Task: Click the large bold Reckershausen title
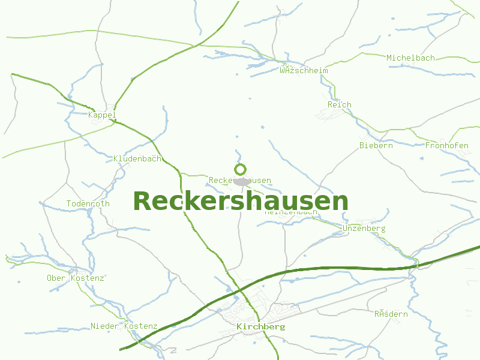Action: tap(240, 201)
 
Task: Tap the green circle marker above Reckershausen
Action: tap(241, 169)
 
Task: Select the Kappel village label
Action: tap(101, 115)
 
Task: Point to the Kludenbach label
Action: tap(137, 159)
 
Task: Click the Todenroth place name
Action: tap(88, 203)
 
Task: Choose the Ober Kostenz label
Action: tap(76, 278)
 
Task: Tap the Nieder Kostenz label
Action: tap(124, 326)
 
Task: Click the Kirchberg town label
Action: tap(261, 327)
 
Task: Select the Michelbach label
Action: tap(410, 58)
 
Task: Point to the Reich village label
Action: tap(340, 104)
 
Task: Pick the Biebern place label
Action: tap(376, 145)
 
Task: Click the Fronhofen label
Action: tap(446, 145)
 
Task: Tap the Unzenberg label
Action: tap(364, 228)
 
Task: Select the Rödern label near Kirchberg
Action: tap(391, 314)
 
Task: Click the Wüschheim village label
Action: tap(304, 70)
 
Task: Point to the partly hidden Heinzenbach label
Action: tap(292, 212)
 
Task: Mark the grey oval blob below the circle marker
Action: tap(241, 181)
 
